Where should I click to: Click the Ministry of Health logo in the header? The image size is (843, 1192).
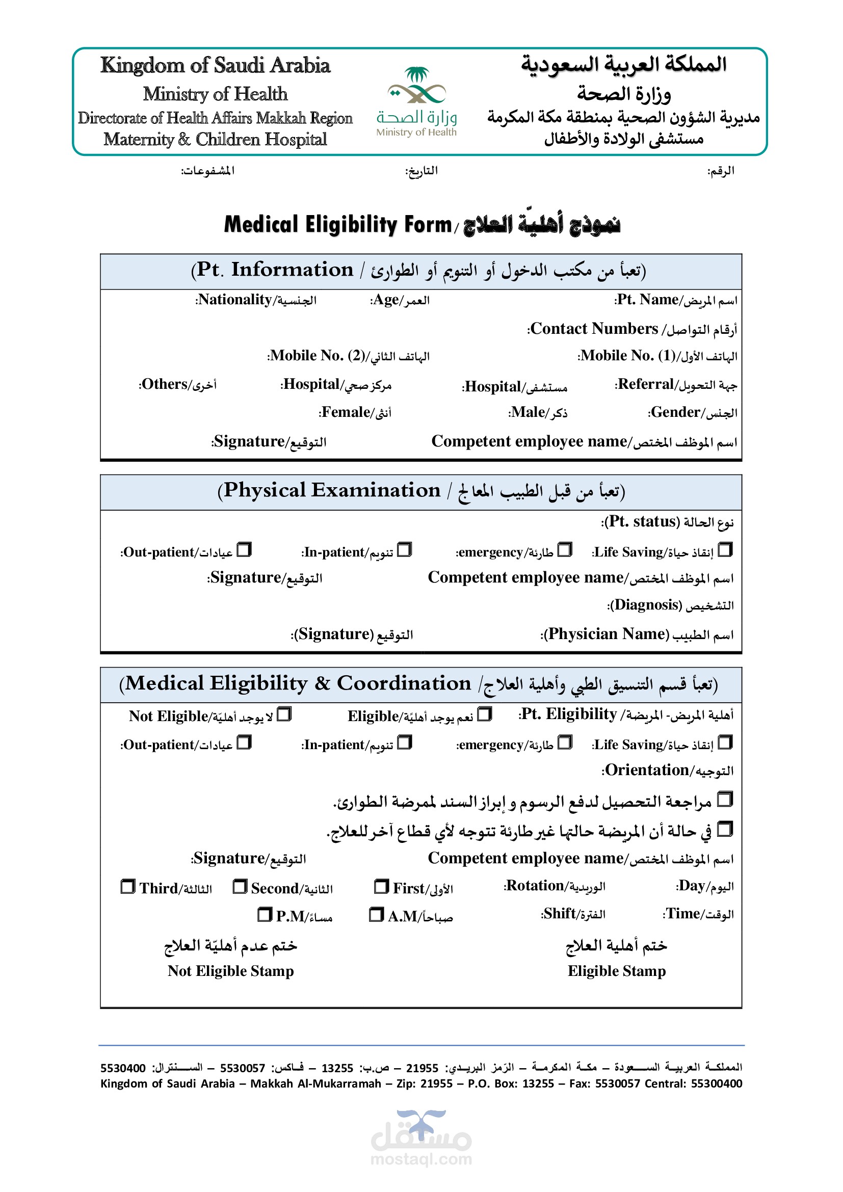416,101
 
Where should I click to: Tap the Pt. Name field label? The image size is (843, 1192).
676,300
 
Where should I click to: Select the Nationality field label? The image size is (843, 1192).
256,300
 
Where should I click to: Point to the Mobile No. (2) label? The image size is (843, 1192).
348,356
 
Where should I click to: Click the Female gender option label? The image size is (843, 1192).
355,413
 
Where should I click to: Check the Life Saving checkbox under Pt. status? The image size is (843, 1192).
725,550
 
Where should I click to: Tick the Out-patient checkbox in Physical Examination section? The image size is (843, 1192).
244,550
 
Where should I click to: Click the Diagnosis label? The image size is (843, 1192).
670,605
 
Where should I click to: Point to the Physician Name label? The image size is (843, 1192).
637,634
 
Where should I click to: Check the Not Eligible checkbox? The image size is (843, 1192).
284,715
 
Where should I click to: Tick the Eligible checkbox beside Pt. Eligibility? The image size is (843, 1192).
484,715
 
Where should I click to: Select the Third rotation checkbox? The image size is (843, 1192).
128,886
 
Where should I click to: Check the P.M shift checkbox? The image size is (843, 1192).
265,914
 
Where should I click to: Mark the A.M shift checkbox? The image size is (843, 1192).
376,914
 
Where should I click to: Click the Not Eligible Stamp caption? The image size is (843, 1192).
230,971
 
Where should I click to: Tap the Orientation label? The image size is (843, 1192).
668,771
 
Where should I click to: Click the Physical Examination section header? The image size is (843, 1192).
421,491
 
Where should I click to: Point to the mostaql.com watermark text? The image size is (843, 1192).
421,1159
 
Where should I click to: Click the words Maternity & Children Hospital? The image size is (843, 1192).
215,140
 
